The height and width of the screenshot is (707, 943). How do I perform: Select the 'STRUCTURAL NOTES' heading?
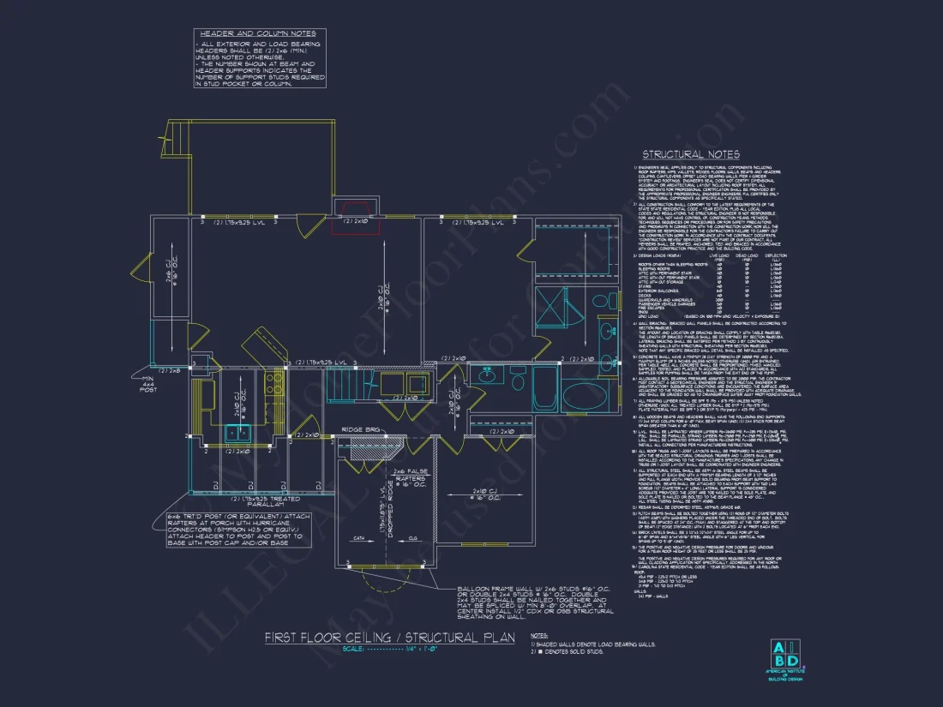click(x=691, y=154)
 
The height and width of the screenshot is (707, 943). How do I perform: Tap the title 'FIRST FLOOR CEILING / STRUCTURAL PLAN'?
click(x=389, y=638)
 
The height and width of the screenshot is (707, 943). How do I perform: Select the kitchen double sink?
click(x=237, y=433)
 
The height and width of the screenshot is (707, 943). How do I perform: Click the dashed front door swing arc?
click(x=375, y=604)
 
